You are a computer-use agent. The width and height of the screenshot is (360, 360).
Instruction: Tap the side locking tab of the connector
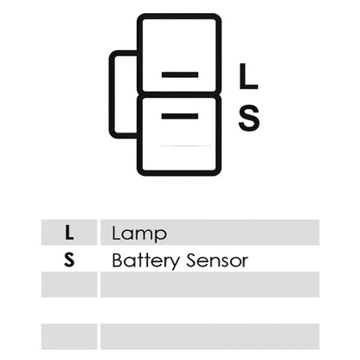112,94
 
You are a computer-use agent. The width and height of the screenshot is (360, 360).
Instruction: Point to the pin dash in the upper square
180,74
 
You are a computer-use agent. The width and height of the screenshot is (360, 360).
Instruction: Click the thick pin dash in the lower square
180,116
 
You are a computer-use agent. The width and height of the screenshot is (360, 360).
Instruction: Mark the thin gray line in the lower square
186,146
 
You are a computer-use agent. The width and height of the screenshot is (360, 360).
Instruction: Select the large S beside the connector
249,119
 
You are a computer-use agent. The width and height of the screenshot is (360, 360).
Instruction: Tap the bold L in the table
69,233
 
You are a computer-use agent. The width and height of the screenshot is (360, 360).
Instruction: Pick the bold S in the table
69,260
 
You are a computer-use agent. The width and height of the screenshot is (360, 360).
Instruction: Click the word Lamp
139,235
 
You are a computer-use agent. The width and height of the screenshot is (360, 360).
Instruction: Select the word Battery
145,261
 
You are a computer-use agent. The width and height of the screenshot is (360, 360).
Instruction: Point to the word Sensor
217,260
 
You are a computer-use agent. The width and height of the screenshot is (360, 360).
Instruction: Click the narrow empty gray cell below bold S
69,285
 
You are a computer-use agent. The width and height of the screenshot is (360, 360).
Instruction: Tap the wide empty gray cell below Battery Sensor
209,285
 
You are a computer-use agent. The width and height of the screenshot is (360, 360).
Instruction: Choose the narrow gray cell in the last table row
69,337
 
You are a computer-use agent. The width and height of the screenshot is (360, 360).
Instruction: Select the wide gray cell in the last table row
209,337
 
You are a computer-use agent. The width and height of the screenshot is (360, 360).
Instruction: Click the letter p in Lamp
160,236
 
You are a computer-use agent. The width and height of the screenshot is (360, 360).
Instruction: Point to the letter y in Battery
174,263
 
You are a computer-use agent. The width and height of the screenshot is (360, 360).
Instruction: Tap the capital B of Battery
118,260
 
